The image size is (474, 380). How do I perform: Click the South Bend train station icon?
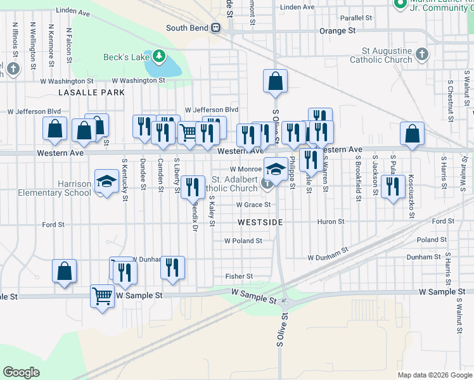(x=216, y=28)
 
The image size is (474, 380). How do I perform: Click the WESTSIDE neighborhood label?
(x=260, y=223)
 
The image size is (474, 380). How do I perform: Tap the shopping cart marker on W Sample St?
(x=103, y=295)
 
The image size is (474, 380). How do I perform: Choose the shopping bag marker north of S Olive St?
(x=275, y=80)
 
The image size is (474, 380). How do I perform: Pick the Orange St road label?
(x=337, y=30)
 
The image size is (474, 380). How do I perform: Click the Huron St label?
(x=331, y=222)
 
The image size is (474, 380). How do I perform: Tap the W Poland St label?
(x=243, y=241)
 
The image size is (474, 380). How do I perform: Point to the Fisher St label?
(x=240, y=276)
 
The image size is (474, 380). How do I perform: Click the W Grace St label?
(x=253, y=205)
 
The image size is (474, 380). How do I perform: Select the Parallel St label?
(x=355, y=18)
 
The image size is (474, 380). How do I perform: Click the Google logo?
(x=21, y=372)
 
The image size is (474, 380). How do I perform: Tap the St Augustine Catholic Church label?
(x=387, y=55)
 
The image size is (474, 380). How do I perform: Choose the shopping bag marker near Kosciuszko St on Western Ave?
(x=412, y=134)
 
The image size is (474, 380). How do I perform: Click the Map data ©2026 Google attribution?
(x=434, y=375)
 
